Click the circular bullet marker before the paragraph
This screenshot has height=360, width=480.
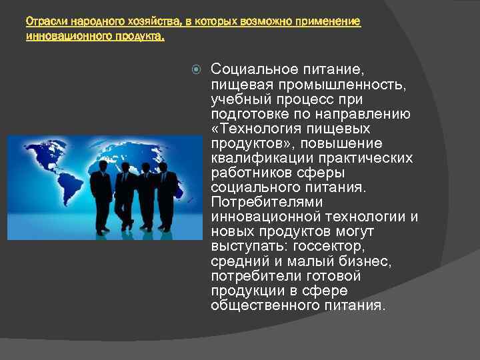point(194,68)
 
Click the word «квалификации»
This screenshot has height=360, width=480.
point(261,158)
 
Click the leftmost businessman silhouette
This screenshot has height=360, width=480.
point(101,193)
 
